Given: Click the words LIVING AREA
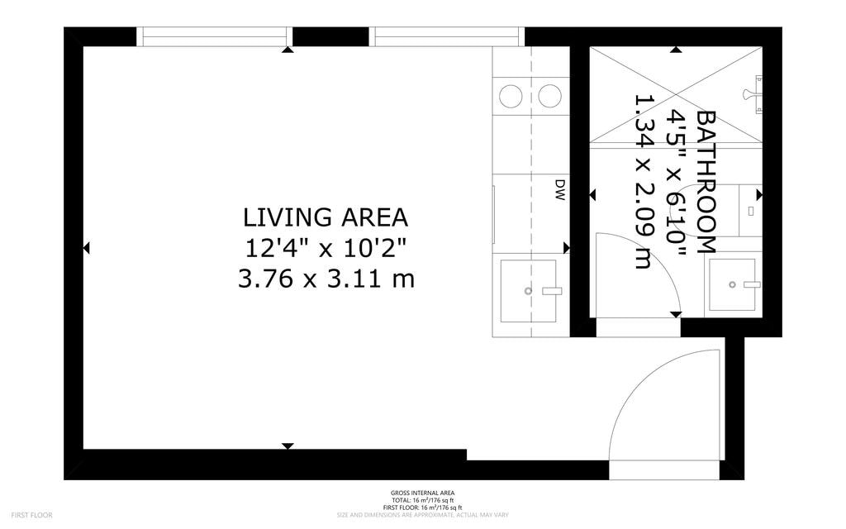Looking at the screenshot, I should click(326, 217).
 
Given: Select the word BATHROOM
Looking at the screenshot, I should click(706, 181).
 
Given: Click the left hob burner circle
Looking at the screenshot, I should click(511, 97).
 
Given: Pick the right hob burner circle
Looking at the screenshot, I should click(549, 97).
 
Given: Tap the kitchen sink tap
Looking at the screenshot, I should click(550, 291).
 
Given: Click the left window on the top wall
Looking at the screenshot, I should click(214, 36).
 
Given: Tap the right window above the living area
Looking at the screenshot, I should click(446, 36).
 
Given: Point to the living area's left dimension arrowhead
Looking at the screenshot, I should click(87, 248).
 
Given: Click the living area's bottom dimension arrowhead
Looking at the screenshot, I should click(288, 446).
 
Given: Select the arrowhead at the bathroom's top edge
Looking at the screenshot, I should click(676, 50).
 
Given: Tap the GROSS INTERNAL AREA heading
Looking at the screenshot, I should click(422, 493).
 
